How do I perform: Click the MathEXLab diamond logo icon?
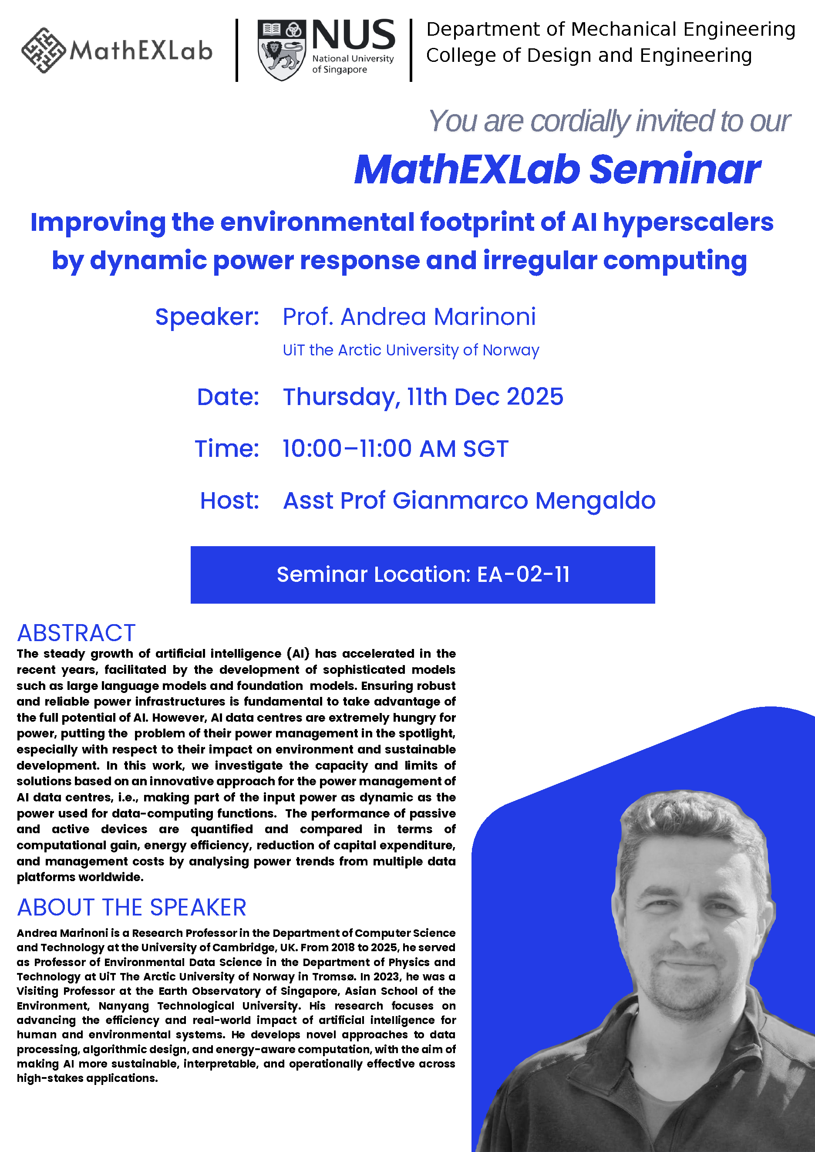tap(44, 50)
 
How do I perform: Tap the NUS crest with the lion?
tap(281, 51)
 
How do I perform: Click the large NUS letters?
tap(354, 35)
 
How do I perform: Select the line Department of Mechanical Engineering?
tap(610, 29)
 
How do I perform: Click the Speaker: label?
tap(207, 317)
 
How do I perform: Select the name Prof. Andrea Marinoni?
tap(409, 317)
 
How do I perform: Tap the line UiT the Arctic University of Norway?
tap(411, 350)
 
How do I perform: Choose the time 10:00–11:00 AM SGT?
tap(395, 448)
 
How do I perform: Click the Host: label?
tap(229, 500)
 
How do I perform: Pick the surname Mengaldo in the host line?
tap(595, 500)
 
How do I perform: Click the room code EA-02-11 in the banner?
tap(523, 574)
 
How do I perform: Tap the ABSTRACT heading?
tap(76, 632)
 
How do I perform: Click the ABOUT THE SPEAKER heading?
tap(131, 907)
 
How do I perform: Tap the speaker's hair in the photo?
tap(693, 823)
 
